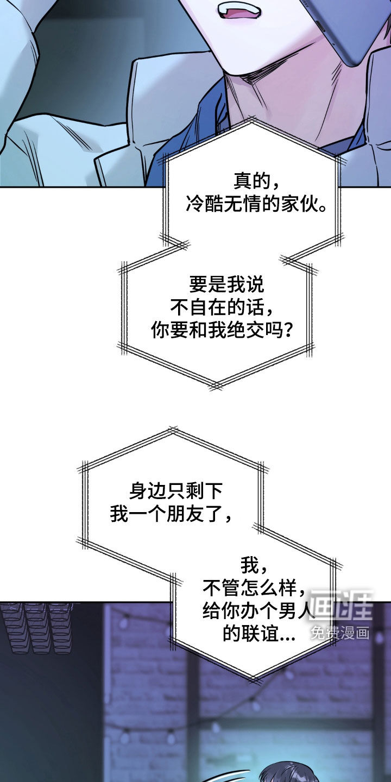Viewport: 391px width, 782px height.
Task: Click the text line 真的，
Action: click(256, 181)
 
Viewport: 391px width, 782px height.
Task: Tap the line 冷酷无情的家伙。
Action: click(256, 204)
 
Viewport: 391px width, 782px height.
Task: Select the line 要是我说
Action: click(226, 285)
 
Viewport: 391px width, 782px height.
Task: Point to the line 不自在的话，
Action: click(222, 307)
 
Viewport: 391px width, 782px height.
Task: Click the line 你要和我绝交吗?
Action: click(222, 330)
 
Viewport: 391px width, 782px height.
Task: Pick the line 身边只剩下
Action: click(175, 491)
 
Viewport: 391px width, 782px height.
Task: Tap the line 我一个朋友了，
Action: click(171, 514)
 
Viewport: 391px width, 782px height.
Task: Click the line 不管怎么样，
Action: click(254, 588)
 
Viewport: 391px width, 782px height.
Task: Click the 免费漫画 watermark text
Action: click(340, 633)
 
